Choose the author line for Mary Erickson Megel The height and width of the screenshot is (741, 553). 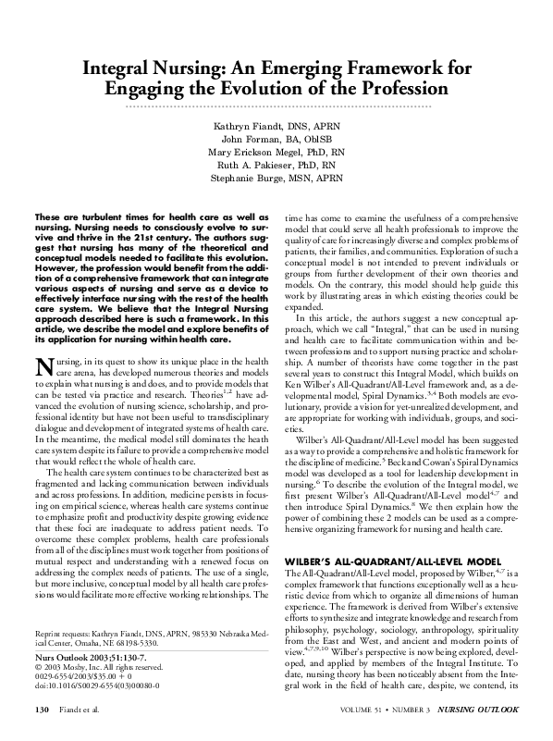tap(276, 154)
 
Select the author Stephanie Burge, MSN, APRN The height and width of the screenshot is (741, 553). tap(276, 183)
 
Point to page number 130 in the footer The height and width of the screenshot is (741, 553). tap(41, 710)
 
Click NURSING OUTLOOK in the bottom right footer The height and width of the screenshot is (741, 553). tap(481, 710)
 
